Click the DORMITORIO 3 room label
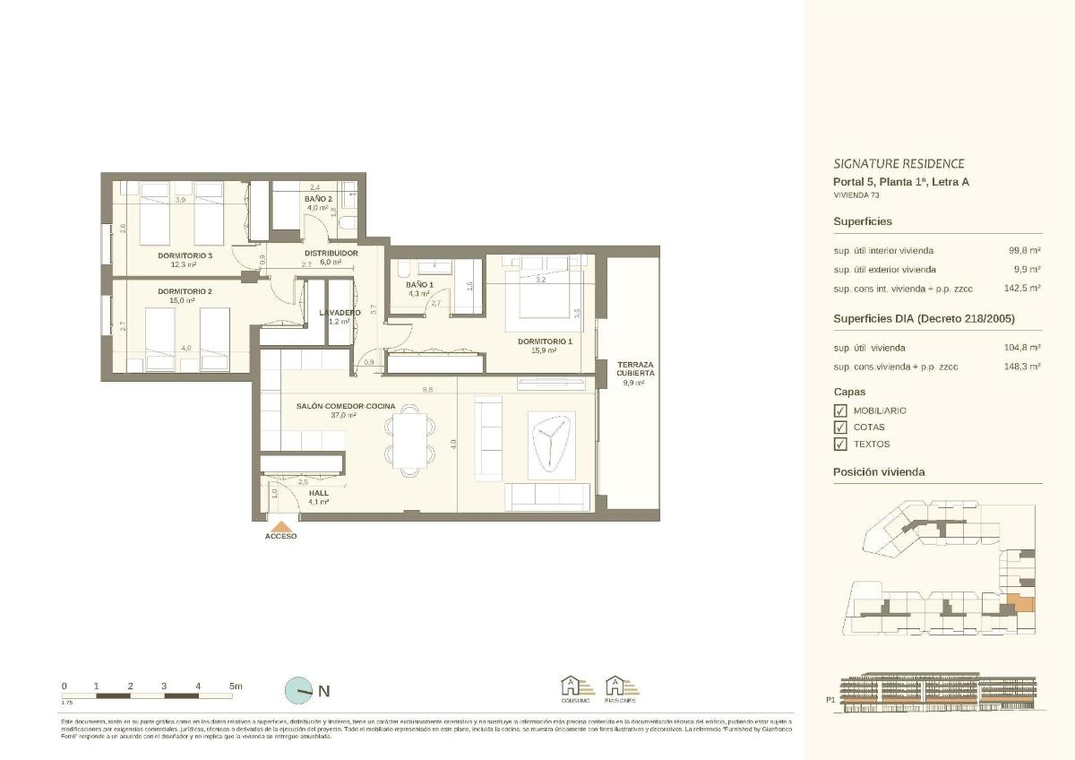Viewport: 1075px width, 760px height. (x=185, y=255)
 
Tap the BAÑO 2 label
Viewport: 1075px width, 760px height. (x=319, y=198)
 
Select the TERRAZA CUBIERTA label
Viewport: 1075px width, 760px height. (x=635, y=368)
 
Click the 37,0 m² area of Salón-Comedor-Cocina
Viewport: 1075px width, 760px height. (x=345, y=416)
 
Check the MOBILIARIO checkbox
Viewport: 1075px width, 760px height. (x=840, y=410)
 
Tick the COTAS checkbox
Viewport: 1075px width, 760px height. (x=840, y=427)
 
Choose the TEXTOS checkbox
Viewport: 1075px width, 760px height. (x=840, y=444)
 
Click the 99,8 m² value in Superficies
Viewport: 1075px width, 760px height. (x=1024, y=251)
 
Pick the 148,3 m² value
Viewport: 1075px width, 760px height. (x=1024, y=367)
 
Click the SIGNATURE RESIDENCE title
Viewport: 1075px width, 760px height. (x=899, y=164)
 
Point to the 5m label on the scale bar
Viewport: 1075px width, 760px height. (x=236, y=687)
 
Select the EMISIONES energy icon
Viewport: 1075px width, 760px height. (x=623, y=688)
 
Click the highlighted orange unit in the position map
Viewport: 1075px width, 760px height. (x=1019, y=602)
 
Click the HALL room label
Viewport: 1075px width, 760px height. (x=319, y=493)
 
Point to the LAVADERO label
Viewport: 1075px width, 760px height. (x=340, y=312)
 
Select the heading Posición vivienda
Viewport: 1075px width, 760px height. (x=879, y=472)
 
